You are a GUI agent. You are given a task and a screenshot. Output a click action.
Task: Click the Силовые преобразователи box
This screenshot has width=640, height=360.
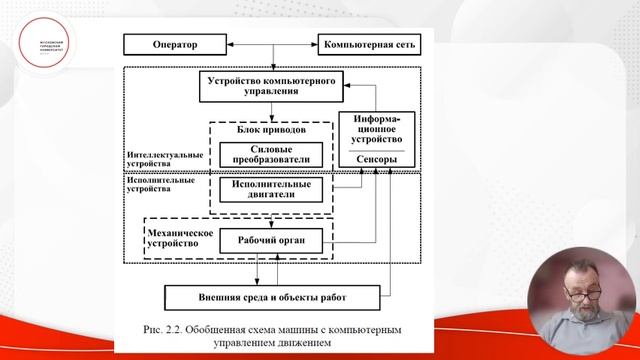tap(272, 153)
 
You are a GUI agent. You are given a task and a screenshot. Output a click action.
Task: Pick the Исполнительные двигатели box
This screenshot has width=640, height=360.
tap(272, 190)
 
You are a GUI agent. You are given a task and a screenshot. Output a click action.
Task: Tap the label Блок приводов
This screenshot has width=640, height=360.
tap(272, 130)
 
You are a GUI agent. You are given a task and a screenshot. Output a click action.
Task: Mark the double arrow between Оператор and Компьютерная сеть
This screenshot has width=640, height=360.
tap(269, 44)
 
